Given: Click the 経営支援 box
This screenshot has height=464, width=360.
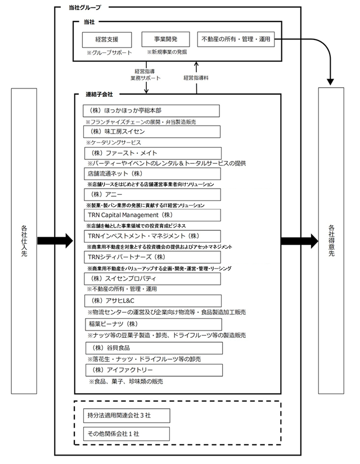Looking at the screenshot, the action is (x=107, y=39).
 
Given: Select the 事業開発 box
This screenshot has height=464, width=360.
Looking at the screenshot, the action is (x=165, y=39).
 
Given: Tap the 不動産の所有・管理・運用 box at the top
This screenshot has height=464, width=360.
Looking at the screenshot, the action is (x=236, y=39).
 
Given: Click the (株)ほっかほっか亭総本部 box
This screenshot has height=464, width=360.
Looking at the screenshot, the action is (x=151, y=111).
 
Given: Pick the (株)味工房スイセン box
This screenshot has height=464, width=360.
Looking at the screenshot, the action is (x=152, y=132).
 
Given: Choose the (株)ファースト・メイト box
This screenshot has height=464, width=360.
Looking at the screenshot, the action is (x=153, y=153).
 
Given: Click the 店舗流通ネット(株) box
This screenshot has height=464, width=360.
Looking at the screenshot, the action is (x=152, y=173).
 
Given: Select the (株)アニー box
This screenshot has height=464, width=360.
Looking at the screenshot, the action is (x=152, y=194).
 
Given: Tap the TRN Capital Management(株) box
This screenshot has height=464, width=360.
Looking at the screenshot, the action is (x=152, y=215).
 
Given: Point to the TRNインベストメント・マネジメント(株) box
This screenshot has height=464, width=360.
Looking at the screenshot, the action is (x=152, y=236).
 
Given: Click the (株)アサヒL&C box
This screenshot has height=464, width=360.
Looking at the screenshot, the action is (x=153, y=301).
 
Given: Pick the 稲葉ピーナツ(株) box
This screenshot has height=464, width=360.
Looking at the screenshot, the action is (x=154, y=324).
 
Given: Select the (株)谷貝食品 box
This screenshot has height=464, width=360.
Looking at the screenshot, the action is (x=154, y=348).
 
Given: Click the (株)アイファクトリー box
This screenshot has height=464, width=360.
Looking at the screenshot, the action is (x=154, y=370).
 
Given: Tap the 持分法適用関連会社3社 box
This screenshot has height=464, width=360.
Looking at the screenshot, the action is (x=127, y=416).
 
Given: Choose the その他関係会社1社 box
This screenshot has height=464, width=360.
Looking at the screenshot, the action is (x=127, y=434).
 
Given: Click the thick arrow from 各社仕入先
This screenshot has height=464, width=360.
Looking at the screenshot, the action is (x=55, y=240).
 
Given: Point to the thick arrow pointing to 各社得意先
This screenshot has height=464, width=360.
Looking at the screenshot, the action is (x=299, y=240).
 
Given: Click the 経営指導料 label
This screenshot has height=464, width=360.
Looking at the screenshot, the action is (x=196, y=78).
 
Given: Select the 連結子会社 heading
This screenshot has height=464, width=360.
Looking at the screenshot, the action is (x=100, y=95).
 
